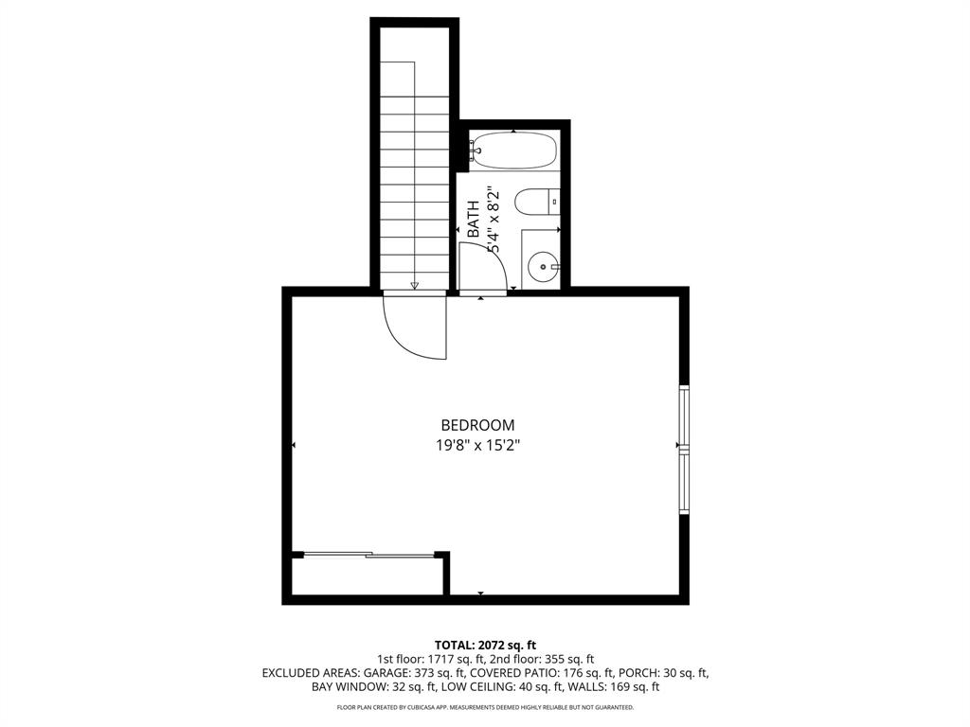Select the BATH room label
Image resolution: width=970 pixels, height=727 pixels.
(473, 220)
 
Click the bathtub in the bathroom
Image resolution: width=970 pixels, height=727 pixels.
(513, 151)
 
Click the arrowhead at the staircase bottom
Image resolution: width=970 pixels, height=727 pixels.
(414, 284)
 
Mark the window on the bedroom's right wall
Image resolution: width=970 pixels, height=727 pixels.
(684, 450)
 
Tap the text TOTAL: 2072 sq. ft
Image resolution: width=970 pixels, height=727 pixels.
(485, 645)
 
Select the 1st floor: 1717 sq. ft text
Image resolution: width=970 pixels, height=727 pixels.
(431, 659)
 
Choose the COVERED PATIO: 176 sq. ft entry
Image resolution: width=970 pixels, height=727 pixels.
(557, 673)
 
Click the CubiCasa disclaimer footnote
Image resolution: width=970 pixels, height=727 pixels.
(485, 707)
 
